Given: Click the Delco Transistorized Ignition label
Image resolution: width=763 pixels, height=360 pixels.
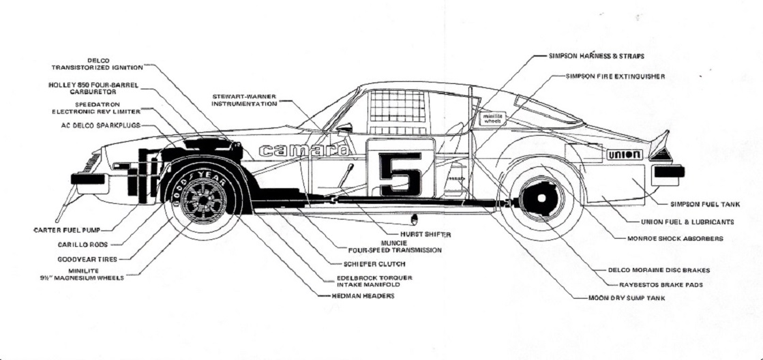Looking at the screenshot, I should [x=98, y=64].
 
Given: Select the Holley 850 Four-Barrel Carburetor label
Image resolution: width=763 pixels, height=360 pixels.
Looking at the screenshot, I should [x=93, y=88].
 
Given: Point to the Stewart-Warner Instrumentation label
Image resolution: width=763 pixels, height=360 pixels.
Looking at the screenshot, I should [x=244, y=100].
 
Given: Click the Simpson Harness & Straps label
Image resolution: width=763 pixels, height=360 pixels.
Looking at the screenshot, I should [x=597, y=56].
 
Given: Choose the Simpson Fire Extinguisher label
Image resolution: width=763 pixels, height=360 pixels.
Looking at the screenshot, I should [x=615, y=76].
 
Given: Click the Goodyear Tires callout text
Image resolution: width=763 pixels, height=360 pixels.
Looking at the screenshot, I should [x=87, y=259].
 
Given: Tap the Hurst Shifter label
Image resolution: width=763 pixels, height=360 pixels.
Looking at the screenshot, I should [x=425, y=234].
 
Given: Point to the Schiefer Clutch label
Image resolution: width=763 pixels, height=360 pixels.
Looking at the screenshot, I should [x=375, y=264].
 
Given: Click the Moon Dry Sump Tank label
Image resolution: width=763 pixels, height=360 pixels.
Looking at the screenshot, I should [x=626, y=298].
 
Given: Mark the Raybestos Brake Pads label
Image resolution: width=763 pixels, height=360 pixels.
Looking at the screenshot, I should [x=661, y=284].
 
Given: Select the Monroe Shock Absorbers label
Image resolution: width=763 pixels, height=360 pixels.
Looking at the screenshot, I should [x=675, y=239].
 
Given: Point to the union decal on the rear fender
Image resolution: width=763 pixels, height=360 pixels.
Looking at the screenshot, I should [x=624, y=155].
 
